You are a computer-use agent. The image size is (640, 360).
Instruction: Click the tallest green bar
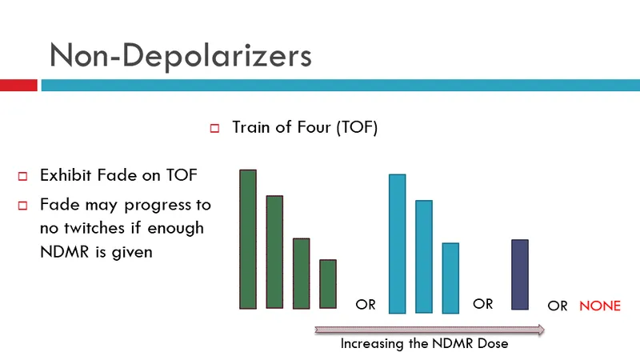pyautogui.click(x=248, y=238)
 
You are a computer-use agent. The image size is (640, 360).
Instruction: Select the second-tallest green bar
pyautogui.click(x=274, y=251)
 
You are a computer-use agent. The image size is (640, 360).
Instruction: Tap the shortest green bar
pyautogui.click(x=328, y=283)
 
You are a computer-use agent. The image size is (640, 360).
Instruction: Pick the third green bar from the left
pyautogui.click(x=302, y=273)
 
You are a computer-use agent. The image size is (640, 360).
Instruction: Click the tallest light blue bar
pyautogui.click(x=398, y=242)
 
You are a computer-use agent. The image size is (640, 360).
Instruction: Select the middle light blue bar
pyautogui.click(x=424, y=256)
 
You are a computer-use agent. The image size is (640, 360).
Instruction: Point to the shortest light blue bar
pyautogui.click(x=450, y=277)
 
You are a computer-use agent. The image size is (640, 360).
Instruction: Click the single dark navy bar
pyautogui.click(x=520, y=274)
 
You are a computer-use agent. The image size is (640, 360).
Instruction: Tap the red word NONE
pyautogui.click(x=600, y=306)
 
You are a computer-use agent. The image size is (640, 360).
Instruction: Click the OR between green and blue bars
pyautogui.click(x=366, y=305)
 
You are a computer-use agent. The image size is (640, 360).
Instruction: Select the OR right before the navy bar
pyautogui.click(x=483, y=304)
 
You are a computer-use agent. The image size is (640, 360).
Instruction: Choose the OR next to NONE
pyautogui.click(x=558, y=306)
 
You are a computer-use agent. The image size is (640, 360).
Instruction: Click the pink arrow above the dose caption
pyautogui.click(x=430, y=329)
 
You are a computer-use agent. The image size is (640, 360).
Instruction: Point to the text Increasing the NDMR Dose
pyautogui.click(x=424, y=344)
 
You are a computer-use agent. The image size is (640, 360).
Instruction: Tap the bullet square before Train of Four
pyautogui.click(x=214, y=128)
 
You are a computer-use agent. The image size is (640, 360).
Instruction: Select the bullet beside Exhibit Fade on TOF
pyautogui.click(x=23, y=176)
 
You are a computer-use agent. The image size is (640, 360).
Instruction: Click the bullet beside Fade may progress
pyautogui.click(x=23, y=205)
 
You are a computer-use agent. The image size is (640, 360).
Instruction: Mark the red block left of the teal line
pyautogui.click(x=18, y=85)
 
